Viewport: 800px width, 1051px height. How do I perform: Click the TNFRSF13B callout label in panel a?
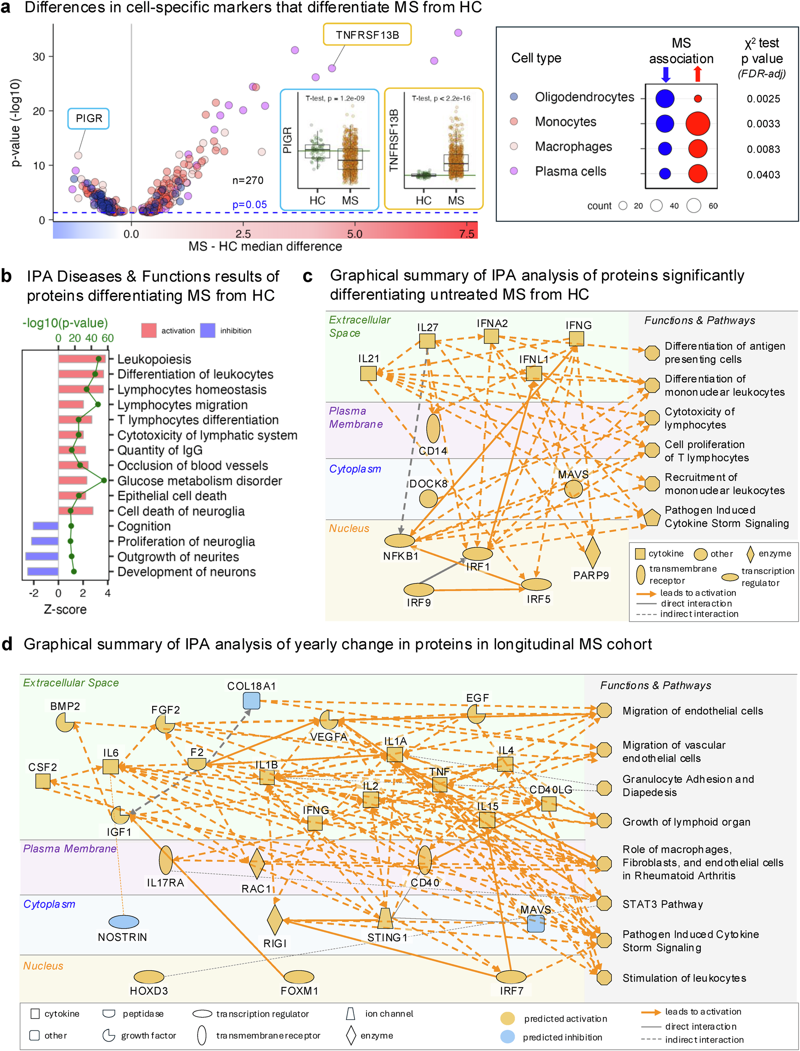tap(367, 35)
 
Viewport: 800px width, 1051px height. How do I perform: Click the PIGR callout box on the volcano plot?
tap(89, 118)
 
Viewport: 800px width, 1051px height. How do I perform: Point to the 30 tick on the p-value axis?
tap(39, 57)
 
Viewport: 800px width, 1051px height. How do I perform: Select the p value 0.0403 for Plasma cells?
tap(763, 175)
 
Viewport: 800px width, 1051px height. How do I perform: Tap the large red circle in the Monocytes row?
tap(697, 123)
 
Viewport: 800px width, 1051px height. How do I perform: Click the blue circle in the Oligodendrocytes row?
tap(665, 98)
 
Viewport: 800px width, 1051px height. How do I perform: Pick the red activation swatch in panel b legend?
tap(148, 330)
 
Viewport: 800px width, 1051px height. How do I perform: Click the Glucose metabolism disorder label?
tap(200, 481)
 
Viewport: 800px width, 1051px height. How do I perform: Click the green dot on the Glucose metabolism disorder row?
tap(104, 481)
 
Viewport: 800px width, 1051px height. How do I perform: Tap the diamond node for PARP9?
tap(592, 552)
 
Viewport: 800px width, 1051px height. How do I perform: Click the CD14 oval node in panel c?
tap(433, 428)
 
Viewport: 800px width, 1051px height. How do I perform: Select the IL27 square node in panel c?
tap(427, 341)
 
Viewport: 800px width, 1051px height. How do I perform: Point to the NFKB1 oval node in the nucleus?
tap(399, 540)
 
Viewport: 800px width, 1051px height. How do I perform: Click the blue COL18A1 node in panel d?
tap(251, 700)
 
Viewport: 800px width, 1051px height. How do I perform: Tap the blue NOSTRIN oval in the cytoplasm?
tap(124, 922)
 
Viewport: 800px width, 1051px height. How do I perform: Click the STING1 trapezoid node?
tap(385, 919)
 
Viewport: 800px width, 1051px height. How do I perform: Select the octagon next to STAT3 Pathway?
tap(604, 903)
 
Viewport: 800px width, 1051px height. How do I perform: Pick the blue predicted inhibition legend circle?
tap(507, 1037)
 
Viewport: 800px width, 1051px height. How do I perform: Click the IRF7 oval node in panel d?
tap(511, 977)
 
